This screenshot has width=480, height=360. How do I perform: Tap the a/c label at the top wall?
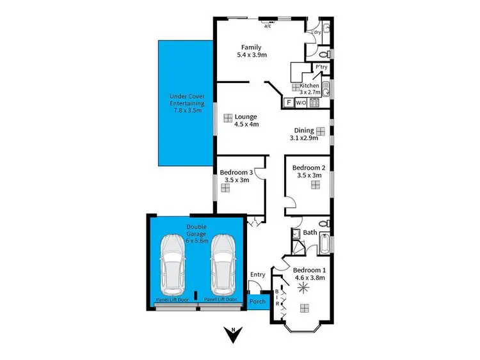click(268, 27)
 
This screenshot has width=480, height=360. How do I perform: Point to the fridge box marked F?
click(289, 102)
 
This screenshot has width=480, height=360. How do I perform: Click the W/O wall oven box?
click(301, 102)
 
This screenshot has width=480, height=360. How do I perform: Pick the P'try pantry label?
click(321, 67)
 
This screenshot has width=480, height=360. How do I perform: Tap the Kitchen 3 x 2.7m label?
click(310, 89)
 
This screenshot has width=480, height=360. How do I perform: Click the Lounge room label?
click(246, 120)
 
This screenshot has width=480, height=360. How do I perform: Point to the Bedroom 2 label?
click(309, 171)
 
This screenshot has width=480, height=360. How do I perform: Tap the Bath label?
click(310, 233)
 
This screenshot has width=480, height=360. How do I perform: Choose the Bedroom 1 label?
click(309, 274)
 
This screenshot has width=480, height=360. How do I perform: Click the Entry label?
click(258, 275)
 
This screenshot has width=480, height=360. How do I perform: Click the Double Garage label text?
click(198, 231)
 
